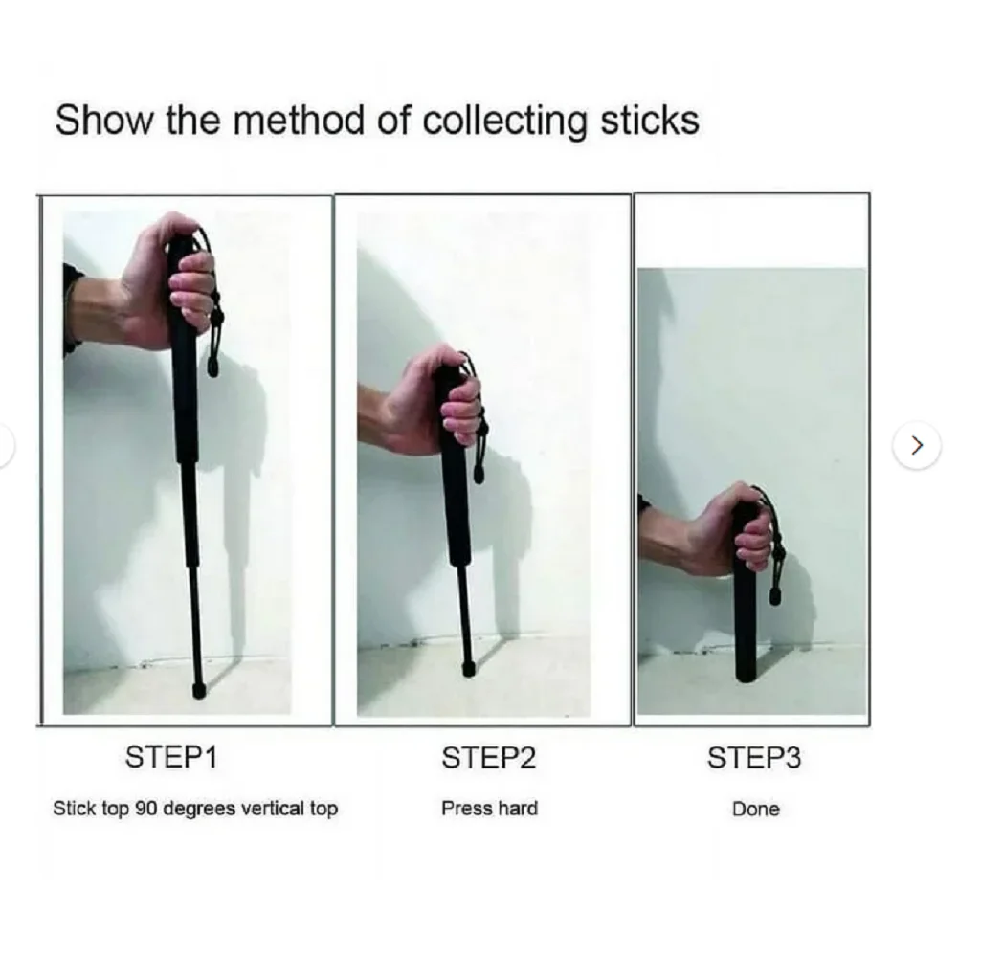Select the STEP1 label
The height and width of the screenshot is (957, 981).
[x=171, y=758]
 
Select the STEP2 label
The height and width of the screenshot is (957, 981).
[x=488, y=759]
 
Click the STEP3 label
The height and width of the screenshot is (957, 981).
[x=753, y=759]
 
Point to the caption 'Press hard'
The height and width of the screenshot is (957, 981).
[x=489, y=809]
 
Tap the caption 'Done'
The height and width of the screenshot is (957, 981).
[x=755, y=810]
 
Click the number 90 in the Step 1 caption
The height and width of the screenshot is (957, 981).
[x=146, y=809]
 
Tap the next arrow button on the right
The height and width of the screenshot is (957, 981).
[x=916, y=445]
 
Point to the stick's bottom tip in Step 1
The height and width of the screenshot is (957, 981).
[x=199, y=689]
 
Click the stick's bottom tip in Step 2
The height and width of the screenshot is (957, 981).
[x=468, y=668]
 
